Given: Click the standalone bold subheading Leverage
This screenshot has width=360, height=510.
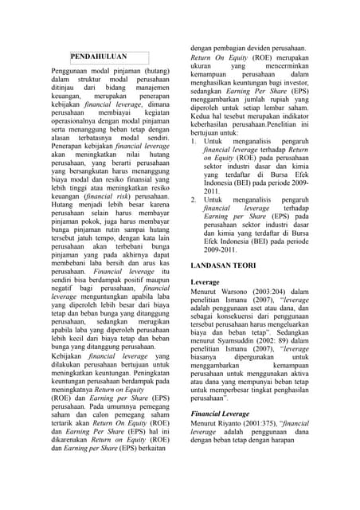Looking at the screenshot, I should (x=205, y=282).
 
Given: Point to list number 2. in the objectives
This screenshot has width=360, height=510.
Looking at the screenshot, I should (x=195, y=199).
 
